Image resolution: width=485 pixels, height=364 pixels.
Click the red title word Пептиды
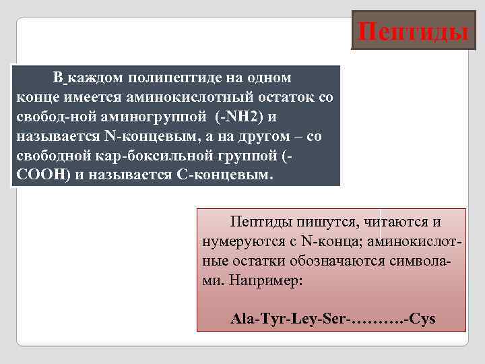tap(413, 31)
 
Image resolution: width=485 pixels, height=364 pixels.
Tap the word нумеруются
tap(236, 240)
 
